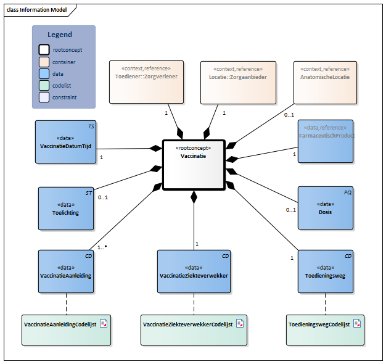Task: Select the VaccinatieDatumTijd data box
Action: tap(65, 142)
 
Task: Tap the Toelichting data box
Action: tap(65, 209)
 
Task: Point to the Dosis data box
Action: tap(325, 208)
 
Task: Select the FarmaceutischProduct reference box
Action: tap(325, 141)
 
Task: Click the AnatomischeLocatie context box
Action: tap(325, 81)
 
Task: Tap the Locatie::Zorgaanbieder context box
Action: tap(239, 81)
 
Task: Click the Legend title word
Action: tap(60, 35)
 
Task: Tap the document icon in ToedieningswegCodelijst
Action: tap(356, 323)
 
